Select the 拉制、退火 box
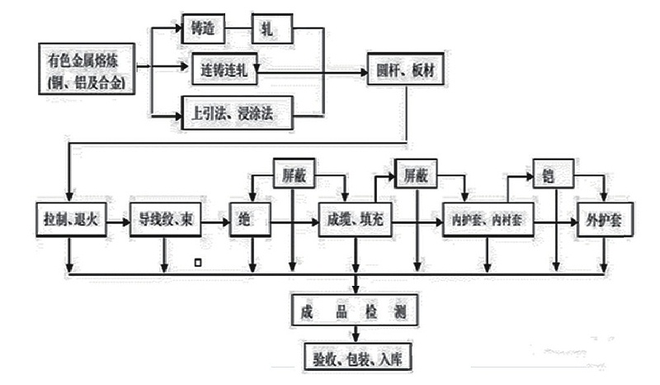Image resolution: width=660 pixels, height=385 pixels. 71,221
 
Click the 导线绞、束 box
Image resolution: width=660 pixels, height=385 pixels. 164,221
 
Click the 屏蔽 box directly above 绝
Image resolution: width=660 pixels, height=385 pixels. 295,175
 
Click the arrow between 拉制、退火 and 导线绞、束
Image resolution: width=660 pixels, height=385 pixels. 117,221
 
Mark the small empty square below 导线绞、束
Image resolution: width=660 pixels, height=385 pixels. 196,263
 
